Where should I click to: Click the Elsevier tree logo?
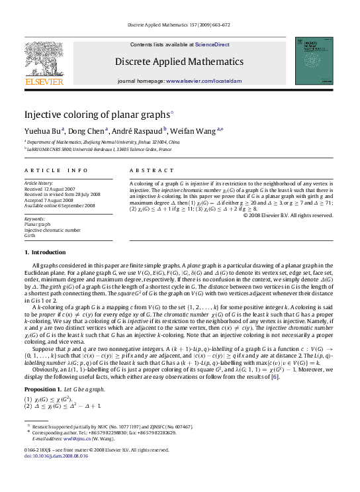click(44, 60)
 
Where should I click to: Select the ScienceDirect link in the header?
click(212, 44)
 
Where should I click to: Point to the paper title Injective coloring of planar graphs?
click(97, 114)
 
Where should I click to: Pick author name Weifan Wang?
click(195, 130)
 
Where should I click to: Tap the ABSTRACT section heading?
click(146, 170)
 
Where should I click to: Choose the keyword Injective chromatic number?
click(52, 230)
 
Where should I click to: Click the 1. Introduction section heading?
click(45, 252)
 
